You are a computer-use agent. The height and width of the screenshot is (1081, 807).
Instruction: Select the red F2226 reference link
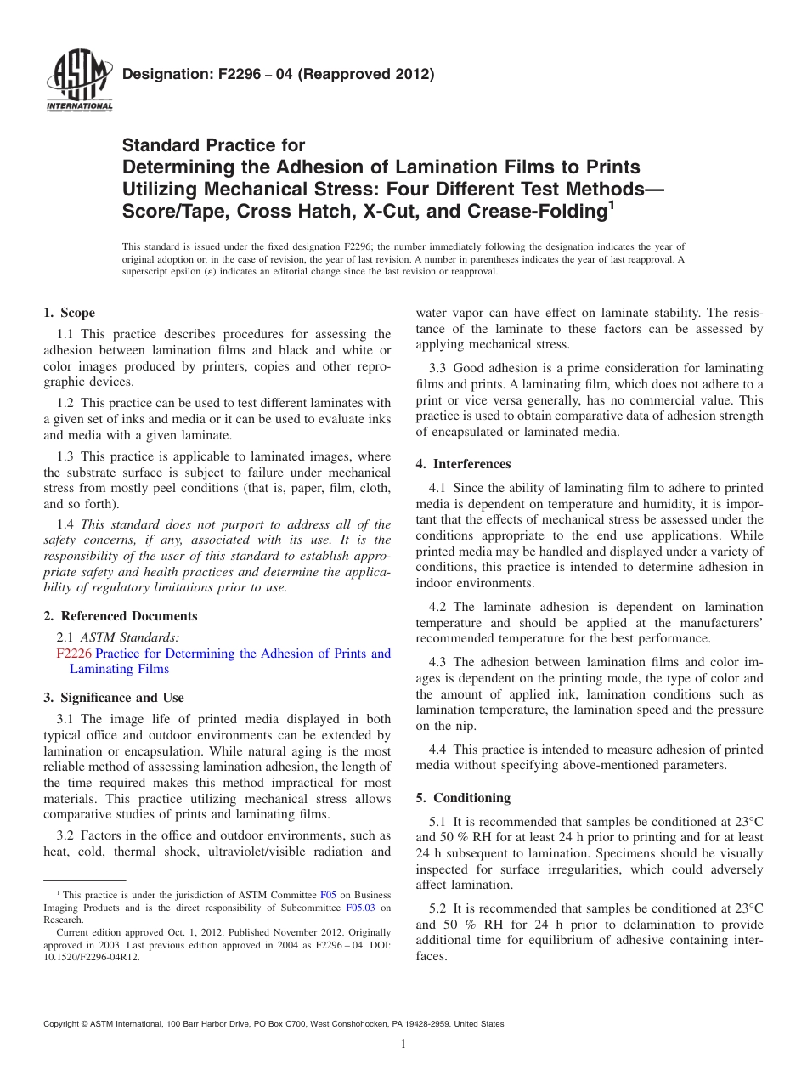pyautogui.click(x=73, y=654)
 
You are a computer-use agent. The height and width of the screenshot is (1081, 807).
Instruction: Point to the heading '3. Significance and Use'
pyautogui.click(x=113, y=698)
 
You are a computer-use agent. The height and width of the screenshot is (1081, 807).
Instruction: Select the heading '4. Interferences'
pyautogui.click(x=463, y=464)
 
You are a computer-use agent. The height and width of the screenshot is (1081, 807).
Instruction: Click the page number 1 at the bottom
pyautogui.click(x=403, y=1045)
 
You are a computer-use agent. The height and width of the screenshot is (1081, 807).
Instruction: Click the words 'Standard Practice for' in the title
pyautogui.click(x=213, y=145)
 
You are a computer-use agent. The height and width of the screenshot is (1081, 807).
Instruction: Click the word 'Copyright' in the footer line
pyautogui.click(x=63, y=1024)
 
